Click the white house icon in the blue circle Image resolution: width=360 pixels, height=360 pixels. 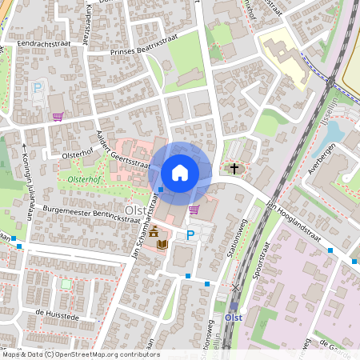coord(180,173)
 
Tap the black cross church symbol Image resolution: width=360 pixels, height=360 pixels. coord(234,168)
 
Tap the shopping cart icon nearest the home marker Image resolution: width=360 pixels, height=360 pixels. coord(194,210)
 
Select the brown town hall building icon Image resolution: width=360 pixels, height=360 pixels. coord(153,230)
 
